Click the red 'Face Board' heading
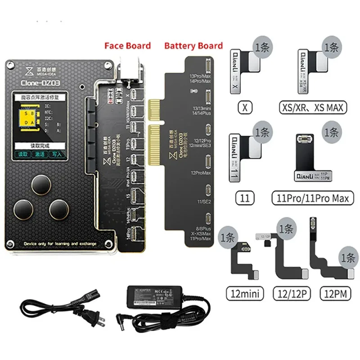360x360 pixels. (x=127, y=46)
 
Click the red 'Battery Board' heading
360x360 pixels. (x=193, y=46)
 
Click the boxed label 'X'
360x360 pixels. (x=246, y=108)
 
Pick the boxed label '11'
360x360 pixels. (x=246, y=197)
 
